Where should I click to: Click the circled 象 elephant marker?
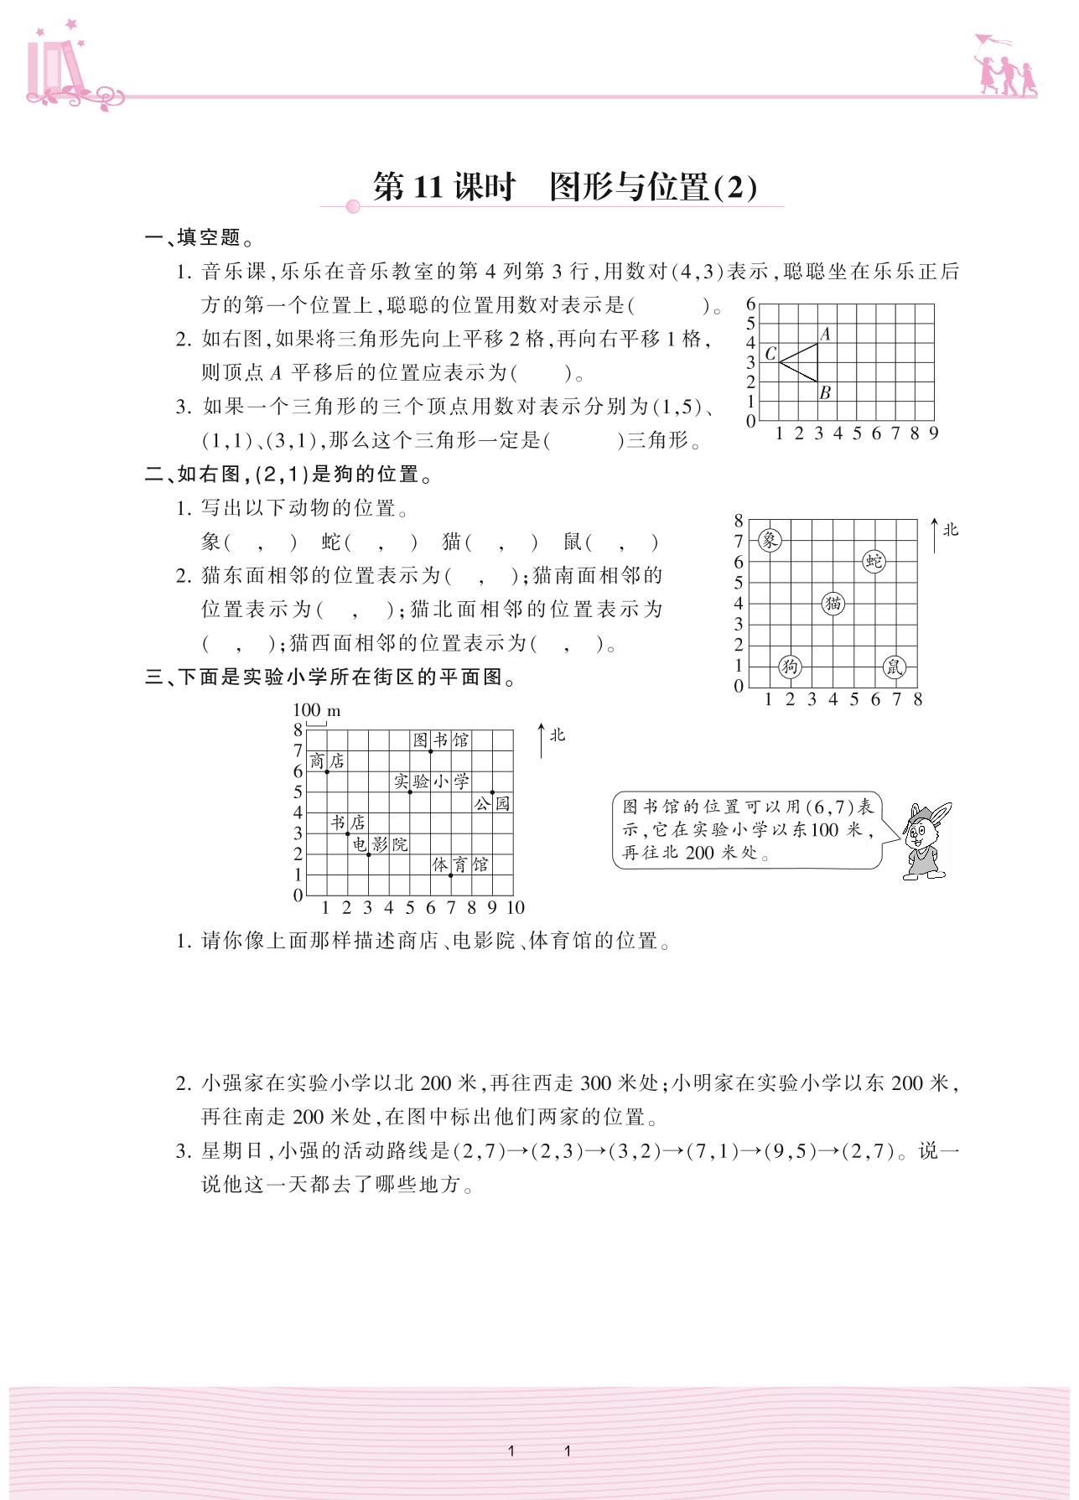pos(770,540)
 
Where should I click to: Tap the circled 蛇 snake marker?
pos(874,561)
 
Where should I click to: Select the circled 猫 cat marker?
pos(833,603)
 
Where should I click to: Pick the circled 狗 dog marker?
pos(790,667)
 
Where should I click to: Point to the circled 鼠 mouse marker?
pos(895,667)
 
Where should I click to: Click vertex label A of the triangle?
pos(825,334)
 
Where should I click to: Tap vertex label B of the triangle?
pos(825,392)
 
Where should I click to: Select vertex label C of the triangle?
pos(770,354)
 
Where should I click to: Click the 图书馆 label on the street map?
pos(441,740)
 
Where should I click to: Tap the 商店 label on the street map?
pos(327,760)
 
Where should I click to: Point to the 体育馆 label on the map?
pos(460,864)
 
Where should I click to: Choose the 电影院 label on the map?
pos(380,844)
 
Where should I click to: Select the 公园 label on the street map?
pos(492,803)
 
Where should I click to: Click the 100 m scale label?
pos(316,711)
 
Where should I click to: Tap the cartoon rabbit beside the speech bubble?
pos(926,840)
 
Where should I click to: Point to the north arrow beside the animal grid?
pos(936,535)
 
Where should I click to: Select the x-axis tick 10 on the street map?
pos(515,907)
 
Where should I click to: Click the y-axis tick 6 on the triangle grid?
pos(751,304)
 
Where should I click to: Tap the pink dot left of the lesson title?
pos(353,206)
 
